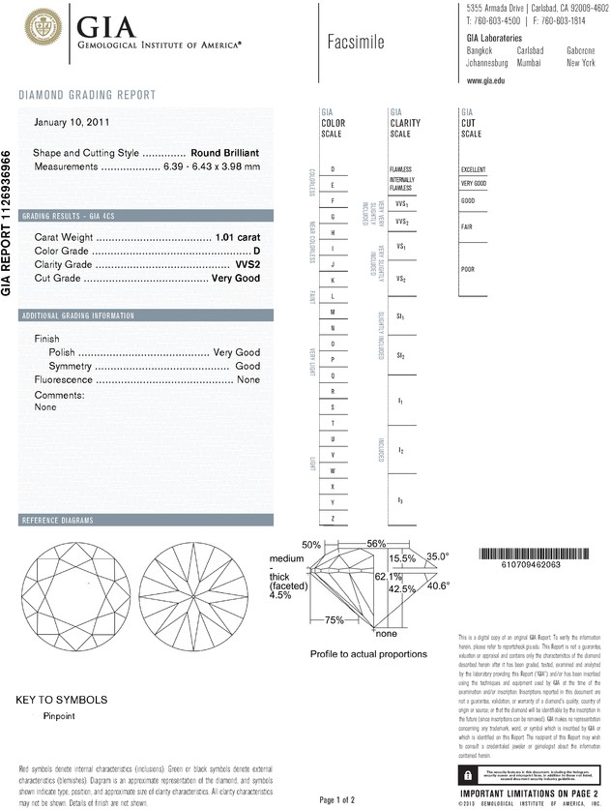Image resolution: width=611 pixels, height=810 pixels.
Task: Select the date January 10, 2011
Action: pos(73,123)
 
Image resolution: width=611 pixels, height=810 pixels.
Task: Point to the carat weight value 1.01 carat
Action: pos(238,237)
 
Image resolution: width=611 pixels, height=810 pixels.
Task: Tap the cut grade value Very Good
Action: pos(236,278)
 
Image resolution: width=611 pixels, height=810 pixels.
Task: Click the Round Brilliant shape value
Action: pos(231,154)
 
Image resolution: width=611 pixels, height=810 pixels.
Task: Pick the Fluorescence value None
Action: pos(248,380)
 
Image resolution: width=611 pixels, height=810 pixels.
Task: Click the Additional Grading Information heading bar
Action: pos(78,316)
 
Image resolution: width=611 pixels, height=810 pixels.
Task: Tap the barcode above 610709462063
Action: pos(533,554)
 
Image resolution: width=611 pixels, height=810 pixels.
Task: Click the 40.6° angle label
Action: pos(438,585)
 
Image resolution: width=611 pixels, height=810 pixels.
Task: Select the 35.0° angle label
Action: pos(438,556)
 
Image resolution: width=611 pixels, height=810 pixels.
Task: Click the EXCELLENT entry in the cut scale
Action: pos(475,169)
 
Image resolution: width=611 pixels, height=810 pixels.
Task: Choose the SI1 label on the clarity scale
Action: pos(400,316)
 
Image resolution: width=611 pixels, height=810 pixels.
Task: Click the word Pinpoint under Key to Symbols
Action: pos(59,716)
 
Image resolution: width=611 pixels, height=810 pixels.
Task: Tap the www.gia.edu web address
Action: pos(486,80)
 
